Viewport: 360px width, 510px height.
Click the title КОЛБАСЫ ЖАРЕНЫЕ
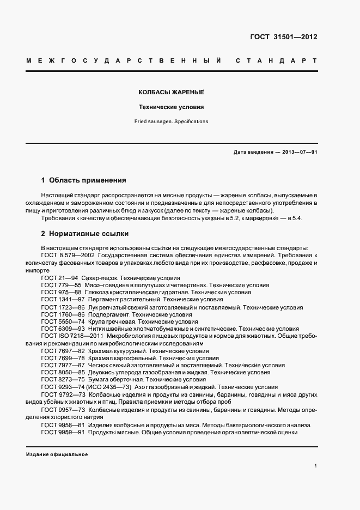(172, 93)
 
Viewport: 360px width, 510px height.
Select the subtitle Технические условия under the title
(172, 107)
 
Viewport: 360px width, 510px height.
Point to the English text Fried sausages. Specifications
(172, 122)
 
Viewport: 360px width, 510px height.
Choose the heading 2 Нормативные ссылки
(85, 234)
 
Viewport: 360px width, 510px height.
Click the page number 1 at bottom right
(316, 466)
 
